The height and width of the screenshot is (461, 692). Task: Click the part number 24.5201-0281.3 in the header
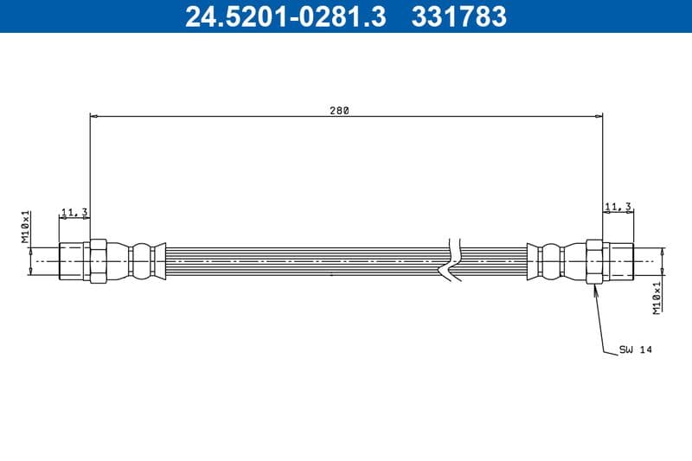[285, 16]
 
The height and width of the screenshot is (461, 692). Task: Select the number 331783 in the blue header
[455, 16]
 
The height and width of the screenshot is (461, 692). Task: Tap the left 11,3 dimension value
[73, 212]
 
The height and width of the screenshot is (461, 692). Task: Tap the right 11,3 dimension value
[618, 207]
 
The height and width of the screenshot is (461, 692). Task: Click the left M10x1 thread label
[26, 227]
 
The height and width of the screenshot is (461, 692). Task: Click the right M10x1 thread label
[657, 296]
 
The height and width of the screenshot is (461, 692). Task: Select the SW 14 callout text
[634, 349]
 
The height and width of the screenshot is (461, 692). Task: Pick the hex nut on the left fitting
[98, 260]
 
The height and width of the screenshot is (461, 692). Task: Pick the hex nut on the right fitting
[594, 260]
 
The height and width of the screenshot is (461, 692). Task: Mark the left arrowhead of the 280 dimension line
[93, 115]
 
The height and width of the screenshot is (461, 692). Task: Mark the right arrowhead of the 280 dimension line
[599, 115]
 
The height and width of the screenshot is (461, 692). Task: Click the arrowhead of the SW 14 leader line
[596, 287]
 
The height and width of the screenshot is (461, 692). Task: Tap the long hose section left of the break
[303, 260]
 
